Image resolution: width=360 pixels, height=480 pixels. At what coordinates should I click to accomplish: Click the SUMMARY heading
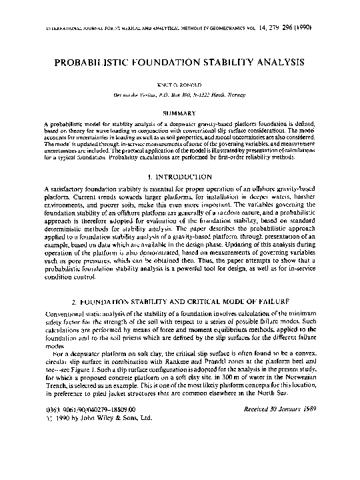[x=179, y=114]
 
